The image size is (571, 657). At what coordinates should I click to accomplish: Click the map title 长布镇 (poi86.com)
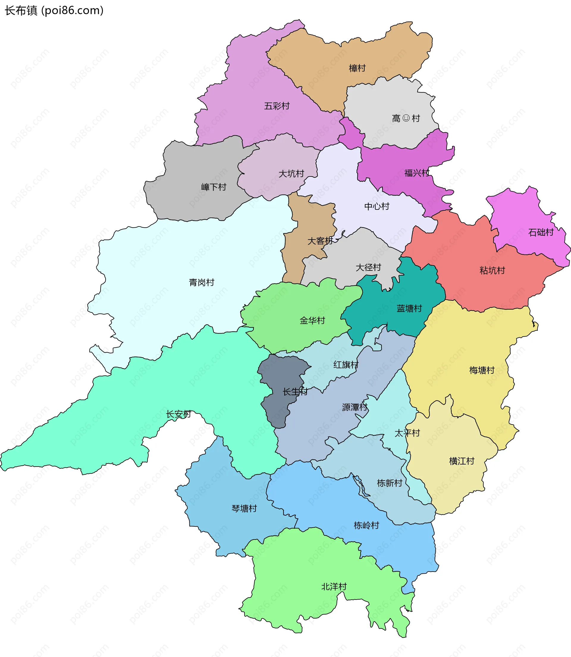coord(54,10)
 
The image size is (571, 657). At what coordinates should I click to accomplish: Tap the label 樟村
coord(357,68)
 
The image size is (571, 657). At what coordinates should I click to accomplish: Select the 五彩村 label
coord(277,106)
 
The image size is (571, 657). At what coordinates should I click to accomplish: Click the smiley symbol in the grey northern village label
coord(406,118)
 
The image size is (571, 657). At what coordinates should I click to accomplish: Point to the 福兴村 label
coord(417,173)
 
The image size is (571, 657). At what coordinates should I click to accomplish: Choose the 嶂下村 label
coord(214,187)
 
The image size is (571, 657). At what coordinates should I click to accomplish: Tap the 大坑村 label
coord(291,174)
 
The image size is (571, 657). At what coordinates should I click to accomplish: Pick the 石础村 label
coord(541,232)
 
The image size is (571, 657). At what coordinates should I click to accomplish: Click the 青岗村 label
coord(201,282)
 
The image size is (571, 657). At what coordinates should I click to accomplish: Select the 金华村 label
coord(312,321)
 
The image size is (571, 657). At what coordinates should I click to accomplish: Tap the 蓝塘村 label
coord(409,309)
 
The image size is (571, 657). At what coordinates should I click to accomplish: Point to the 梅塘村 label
coord(482,370)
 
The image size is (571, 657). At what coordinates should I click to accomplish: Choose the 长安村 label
coord(178,414)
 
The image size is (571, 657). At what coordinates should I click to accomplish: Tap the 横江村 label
coord(462,461)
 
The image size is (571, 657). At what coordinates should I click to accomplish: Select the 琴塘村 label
coord(244,509)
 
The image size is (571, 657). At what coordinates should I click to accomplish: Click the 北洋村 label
coord(334,586)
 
